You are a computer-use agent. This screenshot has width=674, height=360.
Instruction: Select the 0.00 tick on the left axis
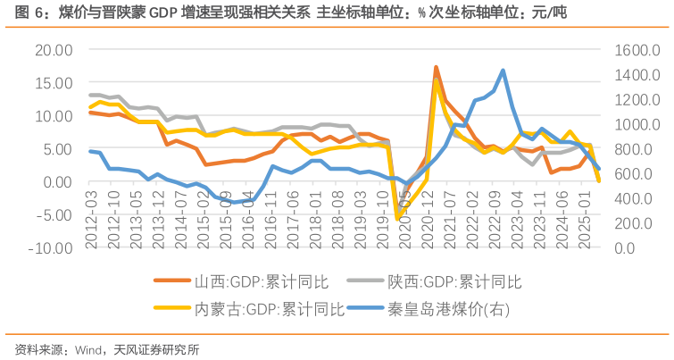point(57,182)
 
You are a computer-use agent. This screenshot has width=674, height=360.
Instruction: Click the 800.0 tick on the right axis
point(636,149)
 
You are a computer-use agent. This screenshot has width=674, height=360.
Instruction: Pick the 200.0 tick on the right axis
point(636,223)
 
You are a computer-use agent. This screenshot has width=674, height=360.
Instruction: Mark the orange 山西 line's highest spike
point(436,67)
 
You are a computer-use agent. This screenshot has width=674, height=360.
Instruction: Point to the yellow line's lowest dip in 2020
point(397,218)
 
